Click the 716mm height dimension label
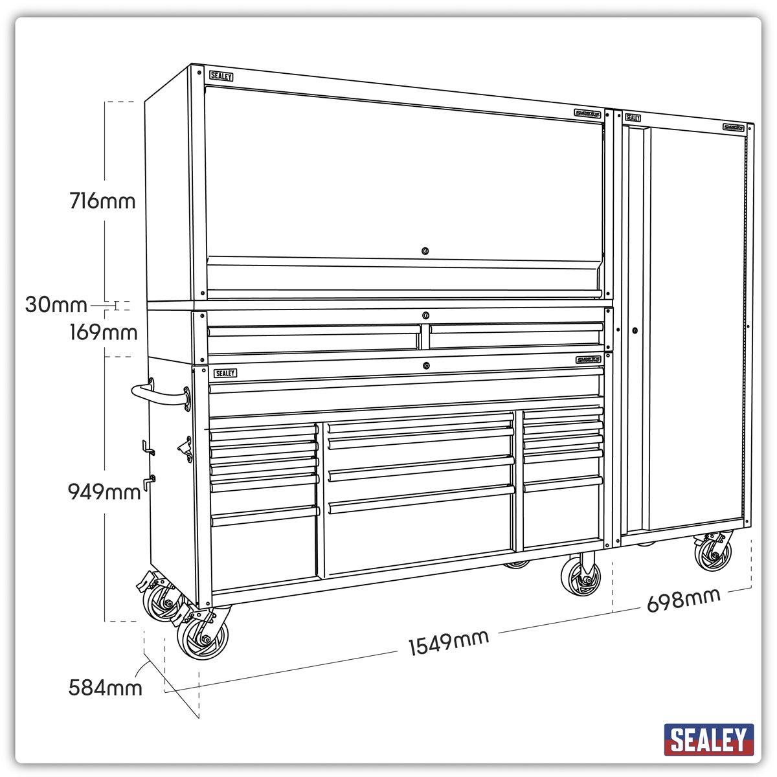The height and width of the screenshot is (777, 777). tap(102, 201)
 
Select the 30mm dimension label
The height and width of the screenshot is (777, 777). tap(56, 304)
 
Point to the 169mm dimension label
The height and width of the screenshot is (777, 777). tap(104, 332)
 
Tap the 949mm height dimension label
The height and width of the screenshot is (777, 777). tap(104, 492)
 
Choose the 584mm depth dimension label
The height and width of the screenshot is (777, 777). tap(106, 687)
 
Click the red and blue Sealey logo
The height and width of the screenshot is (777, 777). tap(709, 739)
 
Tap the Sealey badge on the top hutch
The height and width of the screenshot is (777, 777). tap(221, 76)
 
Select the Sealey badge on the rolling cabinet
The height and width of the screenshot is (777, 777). tap(225, 373)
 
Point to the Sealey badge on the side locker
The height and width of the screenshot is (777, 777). tap(633, 118)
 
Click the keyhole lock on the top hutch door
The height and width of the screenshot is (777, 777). tap(425, 251)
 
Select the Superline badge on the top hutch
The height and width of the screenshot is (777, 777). tap(587, 113)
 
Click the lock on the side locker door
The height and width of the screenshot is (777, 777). tap(635, 330)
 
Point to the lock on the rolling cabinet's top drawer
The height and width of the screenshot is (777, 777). tap(426, 366)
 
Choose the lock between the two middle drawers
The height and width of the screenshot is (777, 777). tap(425, 315)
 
